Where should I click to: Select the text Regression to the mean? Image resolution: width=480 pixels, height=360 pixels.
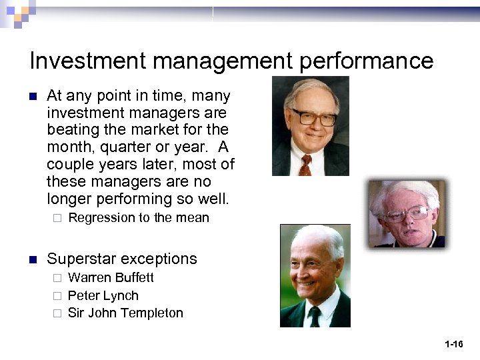(x=139, y=218)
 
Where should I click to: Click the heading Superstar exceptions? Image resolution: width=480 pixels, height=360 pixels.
(x=122, y=259)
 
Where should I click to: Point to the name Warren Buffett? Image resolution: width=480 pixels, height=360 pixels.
(x=111, y=277)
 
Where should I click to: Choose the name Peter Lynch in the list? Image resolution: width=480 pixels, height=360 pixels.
(x=103, y=295)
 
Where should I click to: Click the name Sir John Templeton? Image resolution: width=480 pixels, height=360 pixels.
(x=125, y=313)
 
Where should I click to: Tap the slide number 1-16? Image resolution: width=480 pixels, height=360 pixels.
(x=454, y=344)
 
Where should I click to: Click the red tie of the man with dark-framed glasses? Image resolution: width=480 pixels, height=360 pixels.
(x=305, y=164)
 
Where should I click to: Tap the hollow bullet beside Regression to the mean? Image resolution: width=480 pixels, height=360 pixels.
(x=57, y=218)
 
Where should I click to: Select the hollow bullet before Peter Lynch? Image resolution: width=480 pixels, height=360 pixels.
(x=57, y=295)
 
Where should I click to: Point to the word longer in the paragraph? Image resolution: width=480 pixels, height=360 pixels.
(x=69, y=199)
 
